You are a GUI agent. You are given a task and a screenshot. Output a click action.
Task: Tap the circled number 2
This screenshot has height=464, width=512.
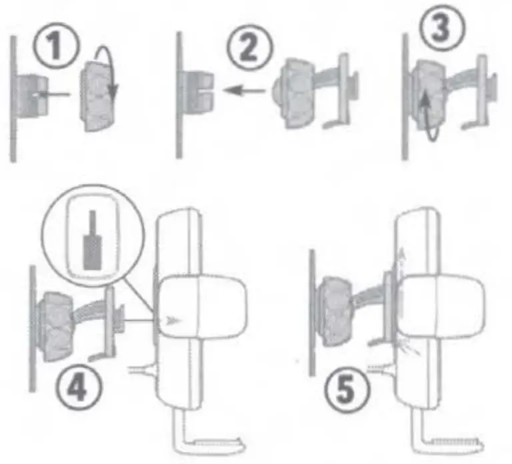click(x=249, y=49)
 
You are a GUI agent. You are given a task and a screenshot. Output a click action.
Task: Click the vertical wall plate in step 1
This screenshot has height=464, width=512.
click(x=14, y=100)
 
